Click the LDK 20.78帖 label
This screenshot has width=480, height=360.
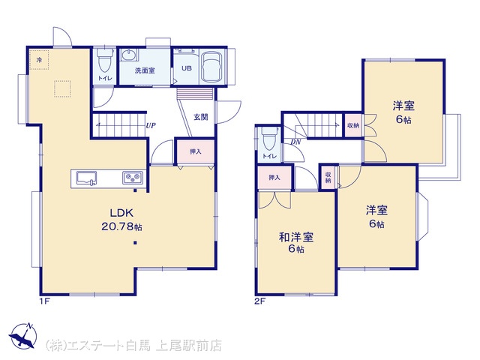[x=121, y=220]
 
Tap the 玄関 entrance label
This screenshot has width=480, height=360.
[x=201, y=117]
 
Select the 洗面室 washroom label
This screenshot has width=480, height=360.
[x=145, y=70]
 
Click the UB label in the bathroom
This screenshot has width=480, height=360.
[x=187, y=68]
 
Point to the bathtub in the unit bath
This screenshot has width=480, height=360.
[x=211, y=67]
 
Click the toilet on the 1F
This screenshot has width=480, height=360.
[x=105, y=61]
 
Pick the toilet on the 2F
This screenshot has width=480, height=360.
[x=269, y=139]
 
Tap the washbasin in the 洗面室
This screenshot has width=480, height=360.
[x=128, y=55]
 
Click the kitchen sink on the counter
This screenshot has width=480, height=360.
[x=87, y=178]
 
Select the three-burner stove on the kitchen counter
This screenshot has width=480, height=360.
[x=133, y=177]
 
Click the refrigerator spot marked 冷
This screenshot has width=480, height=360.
[x=39, y=60]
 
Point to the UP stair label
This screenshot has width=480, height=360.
[x=151, y=125]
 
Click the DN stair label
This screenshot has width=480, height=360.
[x=295, y=142]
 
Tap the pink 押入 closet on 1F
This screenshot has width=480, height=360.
[x=195, y=151]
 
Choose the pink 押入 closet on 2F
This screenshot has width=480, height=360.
[x=274, y=177]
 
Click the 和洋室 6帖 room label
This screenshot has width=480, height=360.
[x=296, y=243]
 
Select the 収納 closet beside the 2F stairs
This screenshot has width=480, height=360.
[x=353, y=125]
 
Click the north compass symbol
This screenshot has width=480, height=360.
[x=23, y=335]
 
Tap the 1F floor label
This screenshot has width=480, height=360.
[x=44, y=301]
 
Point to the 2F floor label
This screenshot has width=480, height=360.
[x=260, y=301]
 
